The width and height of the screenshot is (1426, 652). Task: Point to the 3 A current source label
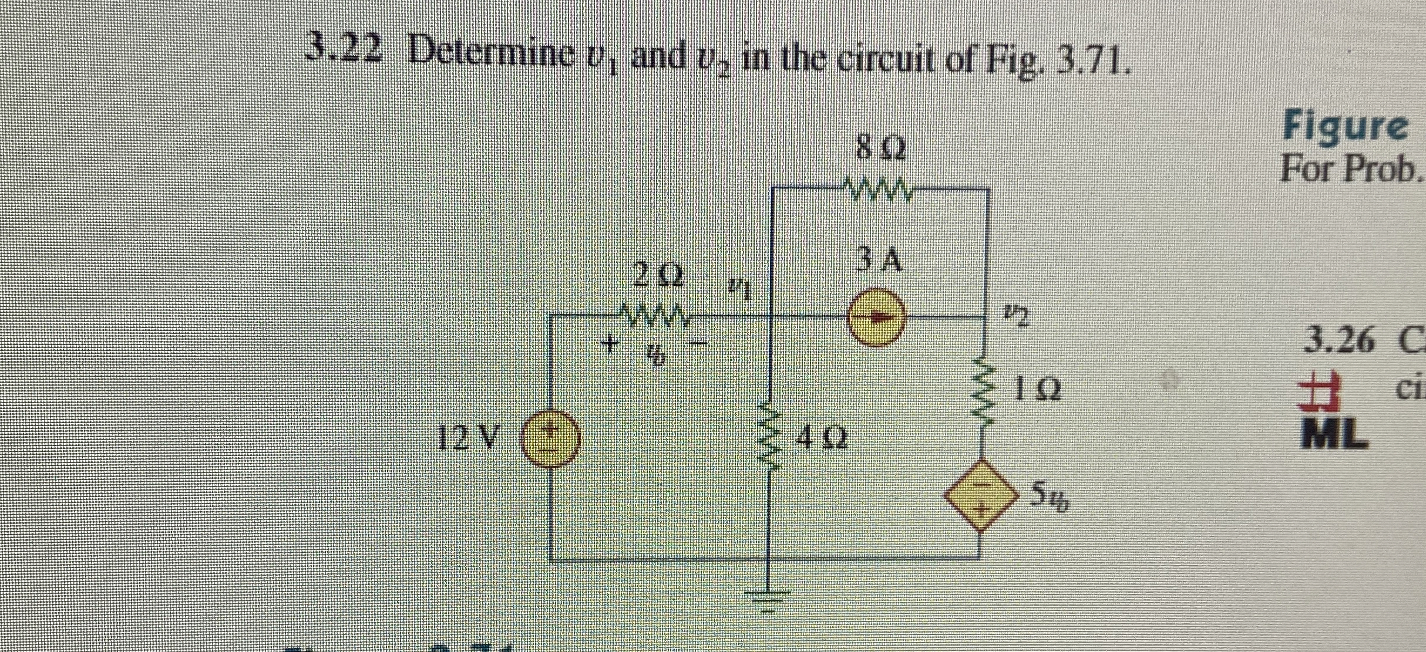[879, 260]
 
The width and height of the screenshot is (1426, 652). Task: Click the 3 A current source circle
[877, 318]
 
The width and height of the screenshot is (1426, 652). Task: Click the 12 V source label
[470, 437]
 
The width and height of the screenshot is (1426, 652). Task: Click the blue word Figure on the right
[1345, 127]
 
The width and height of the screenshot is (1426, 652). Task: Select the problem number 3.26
[1339, 342]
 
